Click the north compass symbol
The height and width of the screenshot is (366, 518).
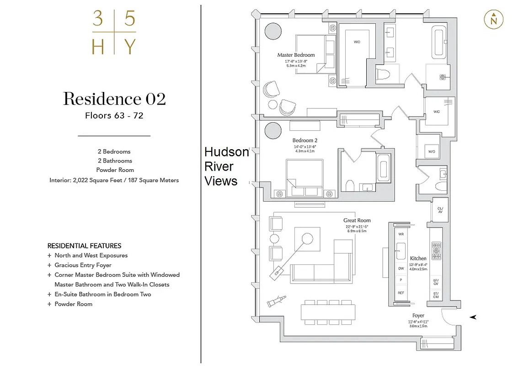tap(493, 20)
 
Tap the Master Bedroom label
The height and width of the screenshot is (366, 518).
tap(296, 55)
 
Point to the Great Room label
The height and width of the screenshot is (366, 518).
tap(357, 221)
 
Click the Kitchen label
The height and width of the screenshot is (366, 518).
tap(418, 258)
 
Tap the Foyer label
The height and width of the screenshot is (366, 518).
tap(418, 316)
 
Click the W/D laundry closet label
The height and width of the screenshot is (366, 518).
tap(432, 151)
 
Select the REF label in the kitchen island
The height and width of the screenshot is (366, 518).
tap(401, 293)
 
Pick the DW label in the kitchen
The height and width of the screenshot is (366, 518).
tap(401, 269)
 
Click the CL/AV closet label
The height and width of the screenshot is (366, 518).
tap(440, 210)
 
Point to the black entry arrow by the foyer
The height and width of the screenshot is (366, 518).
tap(473, 317)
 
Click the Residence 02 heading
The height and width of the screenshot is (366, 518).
tap(114, 99)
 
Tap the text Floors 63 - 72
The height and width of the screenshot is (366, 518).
tap(114, 116)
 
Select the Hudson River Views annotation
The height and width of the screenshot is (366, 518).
tap(226, 167)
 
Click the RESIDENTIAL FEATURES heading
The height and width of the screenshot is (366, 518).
tap(84, 246)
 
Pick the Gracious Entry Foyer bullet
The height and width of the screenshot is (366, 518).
tap(83, 265)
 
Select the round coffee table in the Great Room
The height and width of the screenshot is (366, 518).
tap(307, 238)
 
